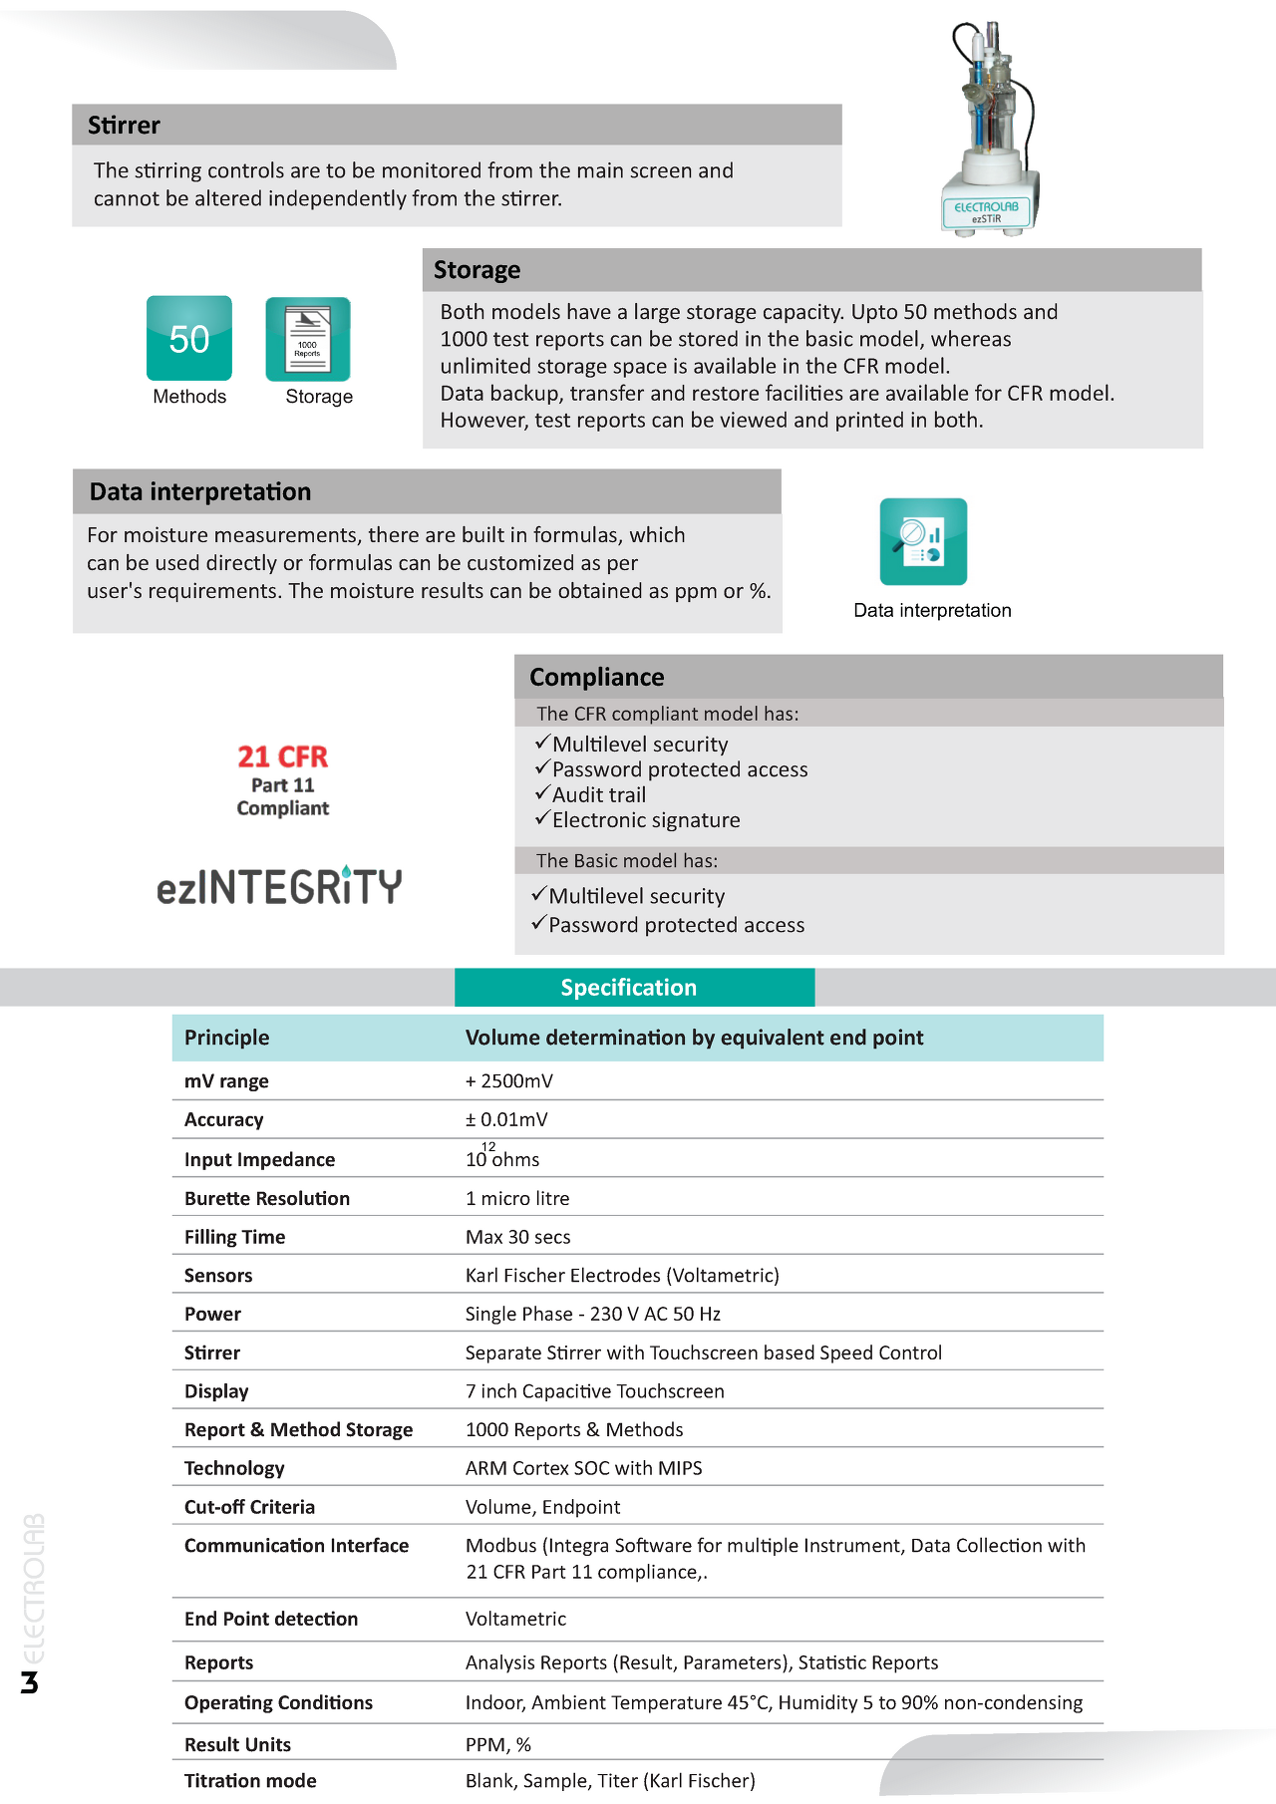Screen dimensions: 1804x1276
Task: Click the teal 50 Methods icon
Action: [x=189, y=338]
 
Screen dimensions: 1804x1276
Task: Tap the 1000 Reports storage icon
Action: [x=308, y=339]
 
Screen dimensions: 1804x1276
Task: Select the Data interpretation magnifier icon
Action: [x=923, y=541]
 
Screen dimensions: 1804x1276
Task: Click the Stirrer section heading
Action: [x=124, y=126]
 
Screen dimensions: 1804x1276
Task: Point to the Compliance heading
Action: [x=596, y=677]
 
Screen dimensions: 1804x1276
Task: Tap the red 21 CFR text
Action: [x=282, y=756]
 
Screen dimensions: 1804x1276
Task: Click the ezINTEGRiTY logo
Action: [x=279, y=886]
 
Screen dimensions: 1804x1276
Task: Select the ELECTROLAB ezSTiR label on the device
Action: [x=986, y=211]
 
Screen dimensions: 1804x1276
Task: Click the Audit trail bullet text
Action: [x=599, y=794]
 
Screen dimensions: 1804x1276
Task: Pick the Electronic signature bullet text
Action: [x=646, y=820]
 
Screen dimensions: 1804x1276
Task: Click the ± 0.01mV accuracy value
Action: [x=506, y=1119]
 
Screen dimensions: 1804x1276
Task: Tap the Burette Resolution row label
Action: [x=267, y=1198]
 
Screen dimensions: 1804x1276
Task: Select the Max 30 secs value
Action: [x=518, y=1237]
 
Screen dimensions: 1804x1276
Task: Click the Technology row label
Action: [x=234, y=1468]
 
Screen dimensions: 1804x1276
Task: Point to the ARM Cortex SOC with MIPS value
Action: [x=584, y=1468]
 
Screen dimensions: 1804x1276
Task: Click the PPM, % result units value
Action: [x=498, y=1744]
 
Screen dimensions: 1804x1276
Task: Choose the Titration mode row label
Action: [x=250, y=1780]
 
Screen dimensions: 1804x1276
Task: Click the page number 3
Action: [x=30, y=1683]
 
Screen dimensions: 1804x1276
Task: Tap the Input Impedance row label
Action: [x=259, y=1159]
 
